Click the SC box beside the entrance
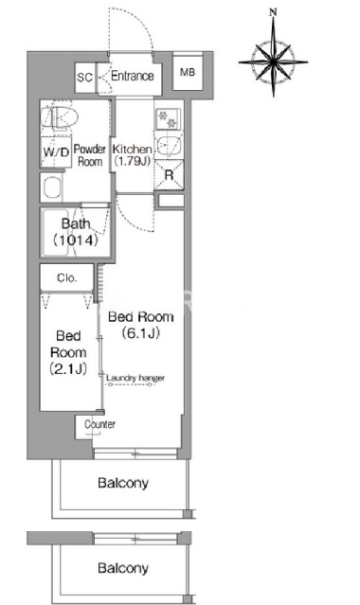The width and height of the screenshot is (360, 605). pyautogui.click(x=85, y=78)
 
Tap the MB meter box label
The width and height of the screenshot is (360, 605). pyautogui.click(x=188, y=72)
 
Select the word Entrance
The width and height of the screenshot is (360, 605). pyautogui.click(x=132, y=76)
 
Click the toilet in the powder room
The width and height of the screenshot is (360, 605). pyautogui.click(x=60, y=116)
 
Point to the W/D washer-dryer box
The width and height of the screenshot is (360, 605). pyautogui.click(x=56, y=152)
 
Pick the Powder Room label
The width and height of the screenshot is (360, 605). pyautogui.click(x=90, y=155)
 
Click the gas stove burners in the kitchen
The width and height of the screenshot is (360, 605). pyautogui.click(x=168, y=119)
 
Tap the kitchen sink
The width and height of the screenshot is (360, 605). pyautogui.click(x=169, y=146)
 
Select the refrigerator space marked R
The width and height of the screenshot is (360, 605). pyautogui.click(x=170, y=175)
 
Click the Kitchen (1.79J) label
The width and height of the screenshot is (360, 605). pyautogui.click(x=132, y=155)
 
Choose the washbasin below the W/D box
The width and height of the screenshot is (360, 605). pyautogui.click(x=52, y=187)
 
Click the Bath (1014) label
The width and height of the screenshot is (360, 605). pyautogui.click(x=76, y=232)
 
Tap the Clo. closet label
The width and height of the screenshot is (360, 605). pyautogui.click(x=67, y=277)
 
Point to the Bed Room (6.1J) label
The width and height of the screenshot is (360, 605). pyautogui.click(x=140, y=325)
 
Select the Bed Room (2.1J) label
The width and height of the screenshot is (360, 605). pyautogui.click(x=68, y=352)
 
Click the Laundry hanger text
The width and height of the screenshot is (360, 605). pyautogui.click(x=135, y=378)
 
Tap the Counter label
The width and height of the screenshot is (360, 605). pyautogui.click(x=99, y=424)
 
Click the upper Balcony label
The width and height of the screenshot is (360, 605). pyautogui.click(x=123, y=483)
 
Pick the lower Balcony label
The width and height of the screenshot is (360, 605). pyautogui.click(x=123, y=568)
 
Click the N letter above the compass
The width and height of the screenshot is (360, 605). pyautogui.click(x=273, y=12)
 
